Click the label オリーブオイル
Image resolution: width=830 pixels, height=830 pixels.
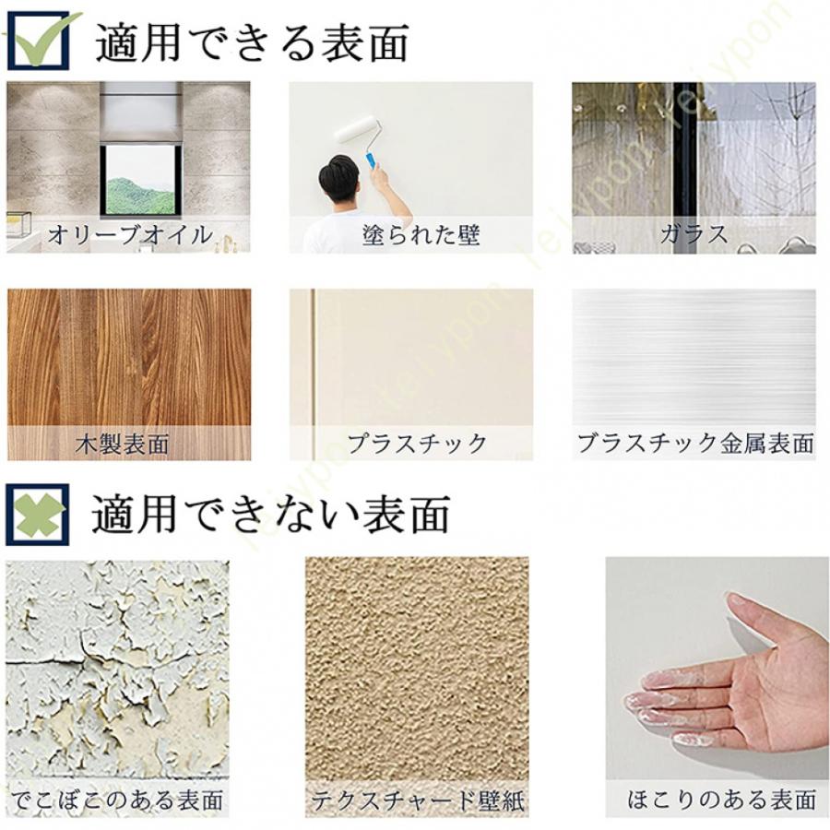coord(129,234)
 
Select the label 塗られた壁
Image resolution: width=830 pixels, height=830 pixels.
coord(421,234)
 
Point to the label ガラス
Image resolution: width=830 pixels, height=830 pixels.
coord(694,234)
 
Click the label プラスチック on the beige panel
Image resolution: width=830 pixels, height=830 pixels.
coord(417,444)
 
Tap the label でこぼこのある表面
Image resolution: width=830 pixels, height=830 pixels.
coord(118,800)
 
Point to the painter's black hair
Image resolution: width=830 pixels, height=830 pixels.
coord(341,175)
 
